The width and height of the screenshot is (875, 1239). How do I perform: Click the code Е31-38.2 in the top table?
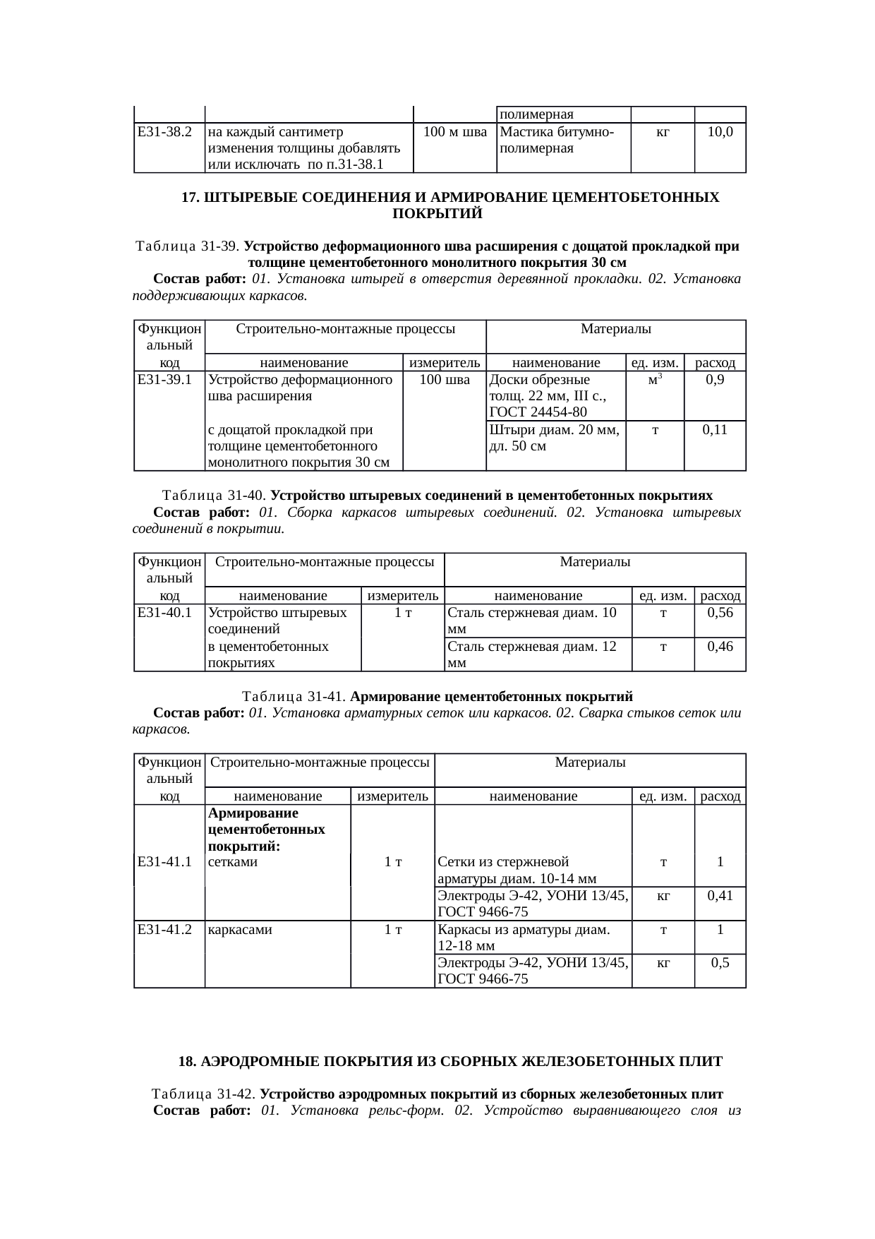click(x=164, y=131)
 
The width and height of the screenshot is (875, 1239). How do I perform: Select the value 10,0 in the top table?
click(x=720, y=131)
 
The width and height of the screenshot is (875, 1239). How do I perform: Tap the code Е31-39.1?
click(x=164, y=380)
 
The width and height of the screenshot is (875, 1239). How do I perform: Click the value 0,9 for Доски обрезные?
click(x=716, y=380)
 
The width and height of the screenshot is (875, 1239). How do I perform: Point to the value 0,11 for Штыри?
click(x=716, y=430)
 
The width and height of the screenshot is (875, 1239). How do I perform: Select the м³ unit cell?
click(x=655, y=380)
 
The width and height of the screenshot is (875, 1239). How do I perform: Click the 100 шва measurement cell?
click(x=445, y=380)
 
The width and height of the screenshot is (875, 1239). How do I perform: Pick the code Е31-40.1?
click(x=164, y=613)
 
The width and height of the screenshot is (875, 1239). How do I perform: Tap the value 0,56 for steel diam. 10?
click(x=720, y=613)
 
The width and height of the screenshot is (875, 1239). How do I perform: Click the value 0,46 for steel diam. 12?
click(x=720, y=646)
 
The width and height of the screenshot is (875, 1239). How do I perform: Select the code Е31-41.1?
click(x=164, y=862)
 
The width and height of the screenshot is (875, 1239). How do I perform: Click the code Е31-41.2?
click(x=164, y=930)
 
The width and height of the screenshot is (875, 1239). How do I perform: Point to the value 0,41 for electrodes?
click(x=720, y=896)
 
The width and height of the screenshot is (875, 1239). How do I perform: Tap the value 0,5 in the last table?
click(x=720, y=964)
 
